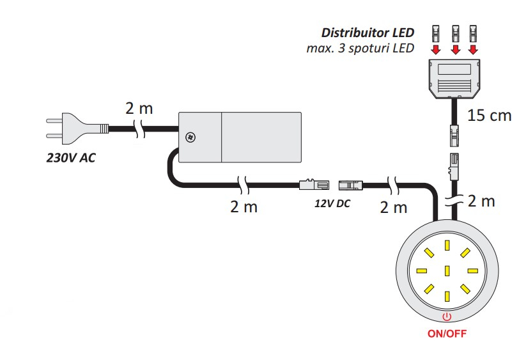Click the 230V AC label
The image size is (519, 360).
click(x=71, y=158)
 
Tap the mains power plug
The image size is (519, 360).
click(x=77, y=129)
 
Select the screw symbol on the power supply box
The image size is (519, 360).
click(x=190, y=137)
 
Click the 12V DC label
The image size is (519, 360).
click(x=332, y=203)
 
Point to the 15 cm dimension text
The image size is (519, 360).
click(x=489, y=116)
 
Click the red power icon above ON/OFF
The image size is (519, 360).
click(x=447, y=317)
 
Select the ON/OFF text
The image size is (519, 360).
click(x=447, y=333)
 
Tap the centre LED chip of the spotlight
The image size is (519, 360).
click(x=447, y=271)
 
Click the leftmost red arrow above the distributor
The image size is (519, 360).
click(x=436, y=50)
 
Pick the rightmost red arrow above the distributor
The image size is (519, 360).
click(x=474, y=50)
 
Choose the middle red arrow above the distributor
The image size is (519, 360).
click(x=456, y=50)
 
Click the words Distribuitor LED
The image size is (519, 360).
click(x=368, y=33)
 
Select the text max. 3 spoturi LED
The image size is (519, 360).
click(x=360, y=49)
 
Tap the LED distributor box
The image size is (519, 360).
click(x=454, y=79)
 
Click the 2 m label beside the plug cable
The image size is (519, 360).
click(x=139, y=108)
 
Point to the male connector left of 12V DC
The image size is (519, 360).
click(x=314, y=184)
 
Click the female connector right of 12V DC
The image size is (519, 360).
click(x=350, y=185)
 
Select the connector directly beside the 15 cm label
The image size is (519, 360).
click(x=454, y=135)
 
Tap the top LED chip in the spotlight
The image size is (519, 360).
click(x=447, y=246)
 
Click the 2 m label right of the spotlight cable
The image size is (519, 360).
click(x=481, y=201)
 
